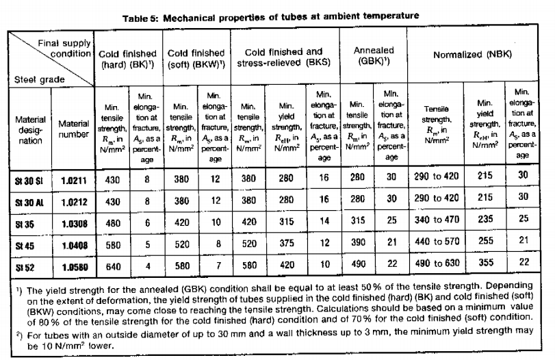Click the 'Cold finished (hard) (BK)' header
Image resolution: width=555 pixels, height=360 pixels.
click(129, 59)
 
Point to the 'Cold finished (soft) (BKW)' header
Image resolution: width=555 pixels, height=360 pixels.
click(196, 59)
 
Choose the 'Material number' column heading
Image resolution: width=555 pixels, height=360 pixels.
click(74, 129)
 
